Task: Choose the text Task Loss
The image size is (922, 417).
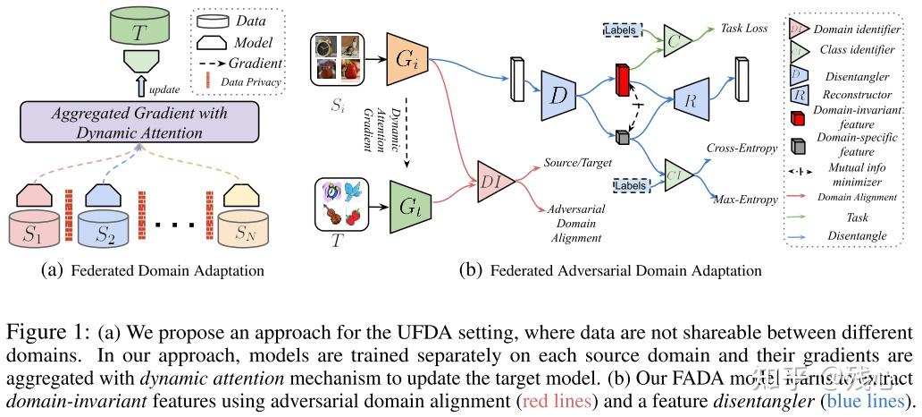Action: [743, 29]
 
